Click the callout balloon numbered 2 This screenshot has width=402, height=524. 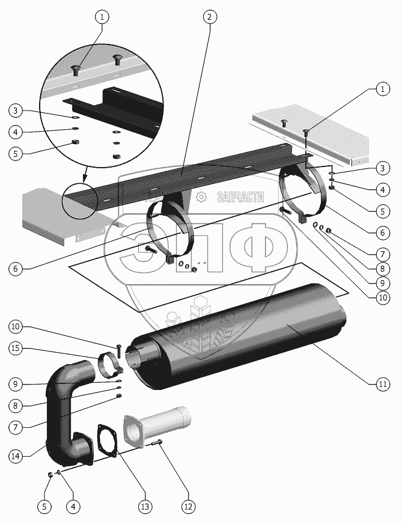209,17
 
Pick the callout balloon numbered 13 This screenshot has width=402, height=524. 144,507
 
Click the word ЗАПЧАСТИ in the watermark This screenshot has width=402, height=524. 239,196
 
